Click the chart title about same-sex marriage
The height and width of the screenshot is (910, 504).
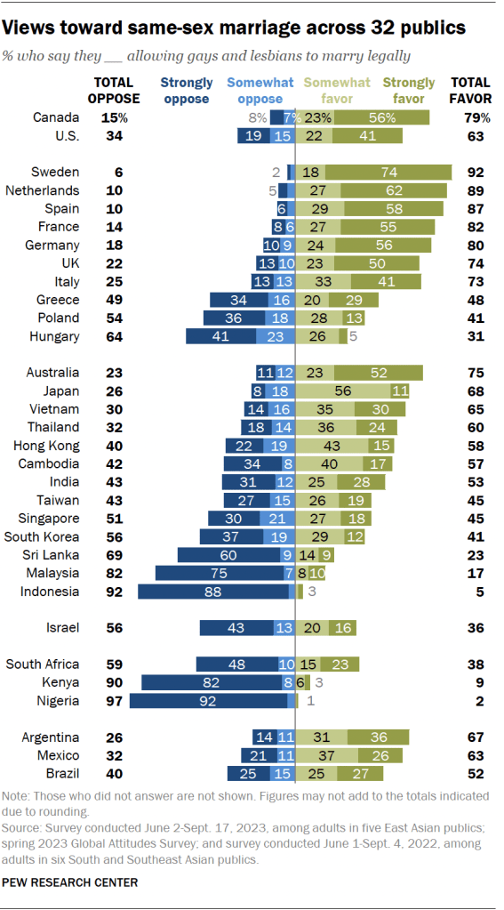(x=236, y=28)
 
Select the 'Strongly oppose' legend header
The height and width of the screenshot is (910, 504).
(x=186, y=91)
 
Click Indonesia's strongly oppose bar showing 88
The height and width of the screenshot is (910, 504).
(x=214, y=592)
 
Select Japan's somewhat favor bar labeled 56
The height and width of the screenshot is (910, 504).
(x=342, y=391)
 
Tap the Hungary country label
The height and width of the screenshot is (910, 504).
(x=55, y=337)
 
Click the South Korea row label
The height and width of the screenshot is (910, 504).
(x=43, y=537)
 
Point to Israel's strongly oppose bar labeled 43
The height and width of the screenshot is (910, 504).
(x=236, y=628)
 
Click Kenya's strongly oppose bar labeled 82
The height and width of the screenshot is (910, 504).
(x=211, y=683)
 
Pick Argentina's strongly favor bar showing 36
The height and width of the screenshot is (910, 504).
(x=378, y=737)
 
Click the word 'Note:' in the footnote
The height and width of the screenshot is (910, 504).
(x=19, y=795)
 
